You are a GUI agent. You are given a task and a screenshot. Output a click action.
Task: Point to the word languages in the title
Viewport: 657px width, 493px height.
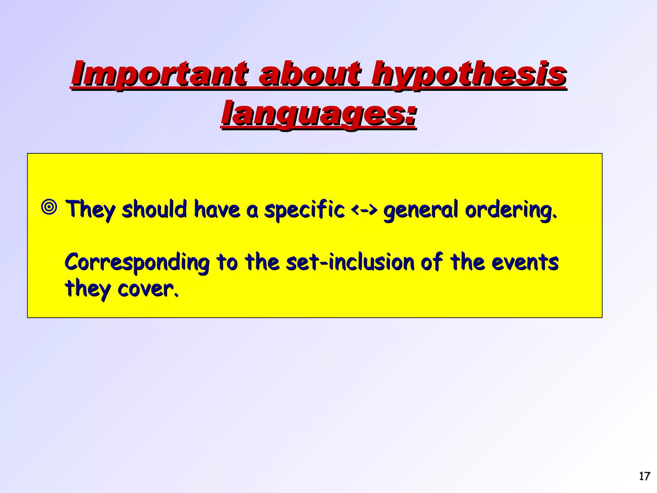click(318, 114)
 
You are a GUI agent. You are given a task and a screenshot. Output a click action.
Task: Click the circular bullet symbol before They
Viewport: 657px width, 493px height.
click(49, 208)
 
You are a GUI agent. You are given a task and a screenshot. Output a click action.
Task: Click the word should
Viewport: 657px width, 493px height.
click(154, 209)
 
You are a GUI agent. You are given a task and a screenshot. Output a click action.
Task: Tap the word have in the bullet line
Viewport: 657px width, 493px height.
click(217, 209)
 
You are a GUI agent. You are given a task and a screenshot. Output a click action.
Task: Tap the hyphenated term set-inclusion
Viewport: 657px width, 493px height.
click(350, 262)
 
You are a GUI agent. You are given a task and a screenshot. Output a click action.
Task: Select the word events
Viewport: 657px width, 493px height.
click(525, 262)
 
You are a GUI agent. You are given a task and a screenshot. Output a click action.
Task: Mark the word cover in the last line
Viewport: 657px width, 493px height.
click(148, 289)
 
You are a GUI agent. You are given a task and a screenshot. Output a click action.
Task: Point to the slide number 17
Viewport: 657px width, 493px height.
click(644, 476)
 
